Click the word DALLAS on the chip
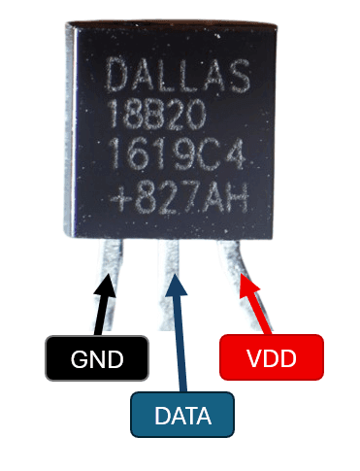178,76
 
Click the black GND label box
98,358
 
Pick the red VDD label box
271,358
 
